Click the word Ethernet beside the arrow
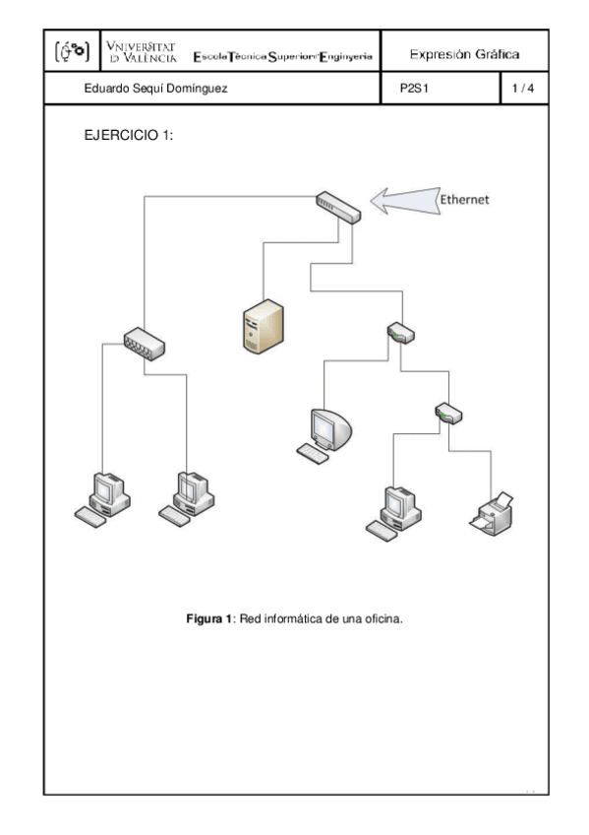coord(464,198)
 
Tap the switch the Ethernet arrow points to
coord(338,205)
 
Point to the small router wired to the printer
coord(448,413)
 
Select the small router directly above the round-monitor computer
coord(400,332)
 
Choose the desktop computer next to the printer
coord(394,511)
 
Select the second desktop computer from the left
coord(187,498)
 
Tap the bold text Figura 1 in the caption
coord(207,619)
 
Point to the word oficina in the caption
coord(382,619)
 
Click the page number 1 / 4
coord(522,89)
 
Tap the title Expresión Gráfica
coord(464,54)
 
